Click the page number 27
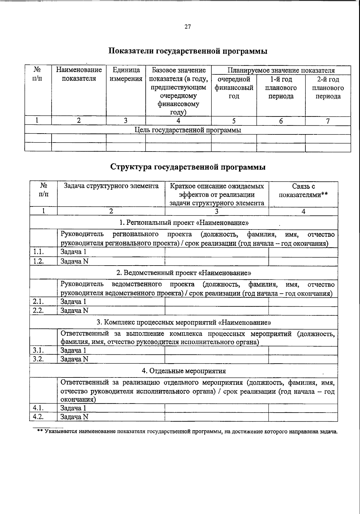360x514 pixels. (187, 27)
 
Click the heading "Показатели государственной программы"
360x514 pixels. (187, 51)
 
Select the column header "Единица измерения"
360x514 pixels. (126, 74)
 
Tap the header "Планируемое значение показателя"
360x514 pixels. (281, 71)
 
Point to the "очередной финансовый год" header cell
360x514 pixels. (234, 88)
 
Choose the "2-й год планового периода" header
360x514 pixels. (328, 88)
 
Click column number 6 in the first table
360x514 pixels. (281, 121)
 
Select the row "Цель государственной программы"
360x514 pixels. (188, 130)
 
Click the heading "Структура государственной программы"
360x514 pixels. (187, 167)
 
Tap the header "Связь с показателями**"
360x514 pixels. (303, 191)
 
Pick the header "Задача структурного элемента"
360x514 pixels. (111, 186)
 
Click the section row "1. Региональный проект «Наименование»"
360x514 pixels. (184, 223)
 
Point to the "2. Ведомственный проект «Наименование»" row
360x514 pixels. (184, 273)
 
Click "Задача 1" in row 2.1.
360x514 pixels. (73, 302)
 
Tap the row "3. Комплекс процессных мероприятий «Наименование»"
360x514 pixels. (184, 323)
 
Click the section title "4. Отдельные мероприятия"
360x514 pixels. (184, 371)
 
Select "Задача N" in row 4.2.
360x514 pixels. (74, 417)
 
